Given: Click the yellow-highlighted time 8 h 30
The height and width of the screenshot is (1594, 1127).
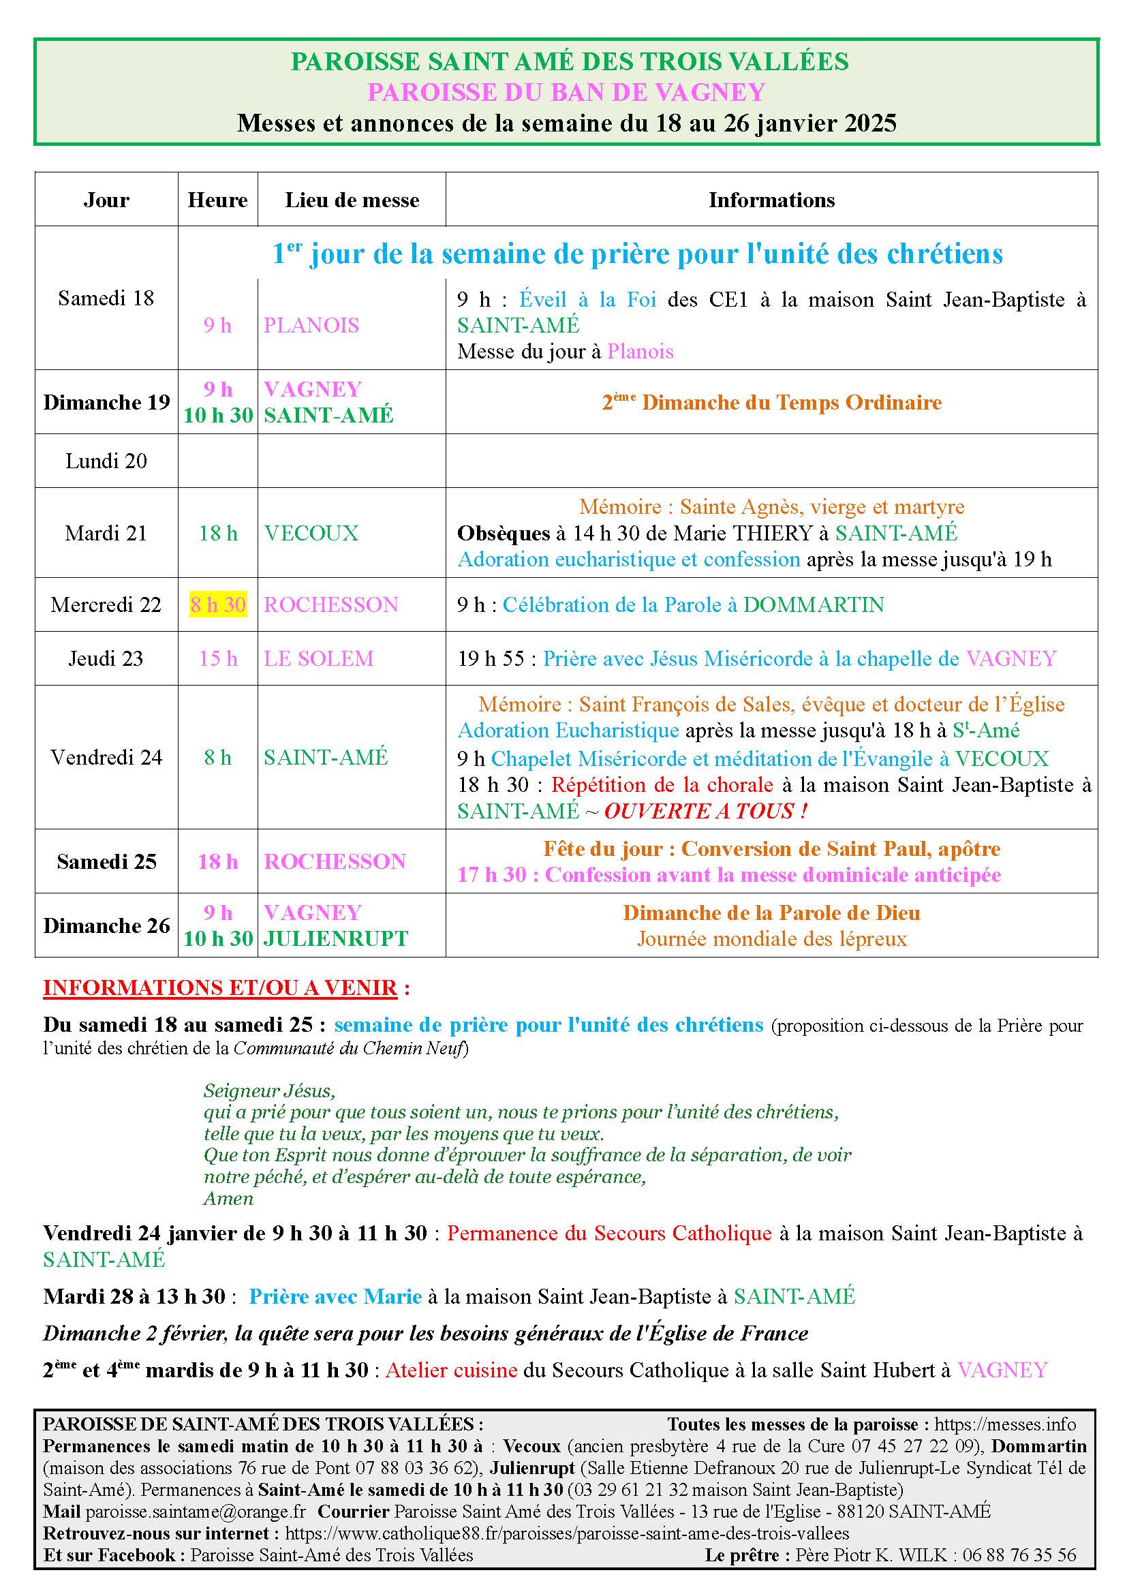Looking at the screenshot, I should [x=218, y=604].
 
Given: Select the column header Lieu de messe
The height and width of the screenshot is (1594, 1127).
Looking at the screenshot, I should [x=352, y=200].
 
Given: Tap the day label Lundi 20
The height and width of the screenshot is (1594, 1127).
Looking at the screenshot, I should [x=106, y=461].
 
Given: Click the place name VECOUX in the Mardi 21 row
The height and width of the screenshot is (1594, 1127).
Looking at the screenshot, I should [x=311, y=533].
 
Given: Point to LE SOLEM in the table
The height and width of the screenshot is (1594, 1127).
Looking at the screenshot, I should [x=318, y=658].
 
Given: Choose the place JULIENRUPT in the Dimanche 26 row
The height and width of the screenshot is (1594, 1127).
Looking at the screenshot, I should [x=336, y=938].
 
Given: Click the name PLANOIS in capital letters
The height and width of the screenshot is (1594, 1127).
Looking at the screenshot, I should [x=311, y=325].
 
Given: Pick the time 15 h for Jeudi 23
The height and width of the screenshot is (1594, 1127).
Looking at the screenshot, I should [x=218, y=658].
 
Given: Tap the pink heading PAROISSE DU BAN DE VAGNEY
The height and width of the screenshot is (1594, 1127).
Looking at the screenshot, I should [x=566, y=91].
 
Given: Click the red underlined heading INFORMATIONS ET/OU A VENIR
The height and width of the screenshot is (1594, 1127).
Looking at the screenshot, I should [x=220, y=988].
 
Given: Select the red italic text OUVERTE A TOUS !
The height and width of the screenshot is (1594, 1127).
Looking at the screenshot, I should [x=705, y=811].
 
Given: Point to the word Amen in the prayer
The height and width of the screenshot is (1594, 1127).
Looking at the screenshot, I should [x=228, y=1199].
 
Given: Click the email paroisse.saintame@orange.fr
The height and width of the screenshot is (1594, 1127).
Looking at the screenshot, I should [x=196, y=1512].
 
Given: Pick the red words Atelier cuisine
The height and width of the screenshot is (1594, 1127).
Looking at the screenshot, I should [x=451, y=1370].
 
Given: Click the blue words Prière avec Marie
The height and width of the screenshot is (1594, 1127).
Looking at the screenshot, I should [x=335, y=1296].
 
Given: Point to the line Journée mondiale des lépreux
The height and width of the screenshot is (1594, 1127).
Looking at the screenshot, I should [x=772, y=939].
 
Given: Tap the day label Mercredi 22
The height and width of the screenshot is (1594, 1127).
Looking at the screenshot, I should [x=106, y=604].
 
